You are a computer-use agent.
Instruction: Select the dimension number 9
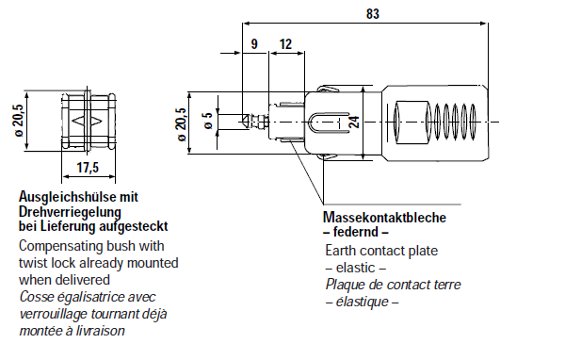point(253,43)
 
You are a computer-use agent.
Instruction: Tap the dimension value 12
point(285,43)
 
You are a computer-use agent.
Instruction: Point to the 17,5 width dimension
point(88,168)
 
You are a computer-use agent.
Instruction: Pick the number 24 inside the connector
point(354,121)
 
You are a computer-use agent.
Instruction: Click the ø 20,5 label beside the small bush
point(18,121)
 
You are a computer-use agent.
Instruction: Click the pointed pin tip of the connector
point(247,121)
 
